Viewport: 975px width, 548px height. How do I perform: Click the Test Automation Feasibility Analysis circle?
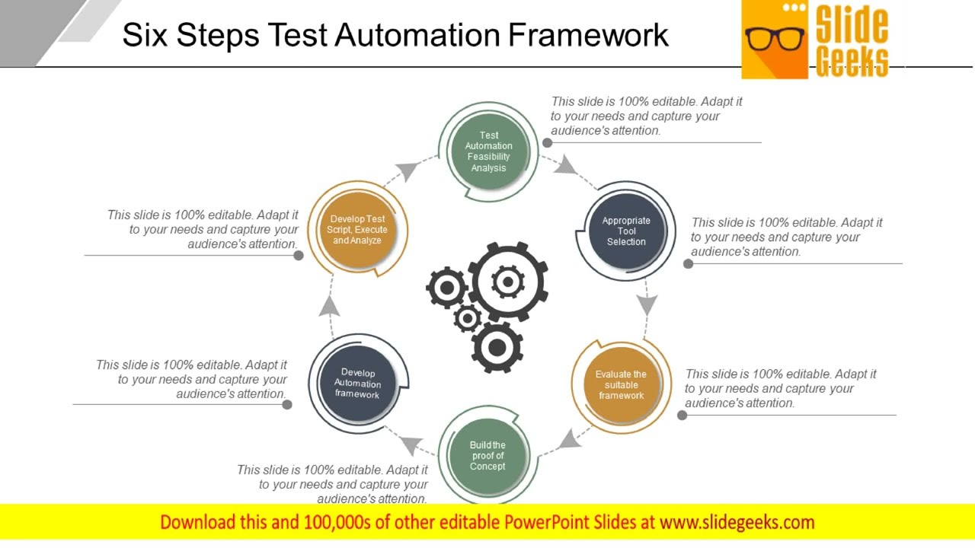[488, 151]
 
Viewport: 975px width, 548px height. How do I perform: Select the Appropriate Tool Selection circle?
[626, 231]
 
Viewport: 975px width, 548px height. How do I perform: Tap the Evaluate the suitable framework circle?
[621, 384]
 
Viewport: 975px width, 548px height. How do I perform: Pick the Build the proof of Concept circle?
[487, 456]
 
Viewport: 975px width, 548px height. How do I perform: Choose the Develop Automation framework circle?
[357, 384]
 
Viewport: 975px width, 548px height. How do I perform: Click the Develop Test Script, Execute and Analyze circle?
[357, 230]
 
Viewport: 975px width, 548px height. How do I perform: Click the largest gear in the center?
[507, 282]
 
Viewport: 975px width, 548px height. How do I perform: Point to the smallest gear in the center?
[467, 318]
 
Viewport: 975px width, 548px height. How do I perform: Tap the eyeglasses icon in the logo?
[775, 38]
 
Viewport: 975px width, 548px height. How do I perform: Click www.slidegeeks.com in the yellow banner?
[737, 522]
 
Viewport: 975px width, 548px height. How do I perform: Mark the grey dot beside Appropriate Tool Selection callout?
[688, 263]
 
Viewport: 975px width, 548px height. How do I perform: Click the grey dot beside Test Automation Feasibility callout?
[547, 142]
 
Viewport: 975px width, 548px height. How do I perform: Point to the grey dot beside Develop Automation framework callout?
[287, 404]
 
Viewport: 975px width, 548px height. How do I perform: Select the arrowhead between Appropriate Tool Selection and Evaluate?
[647, 304]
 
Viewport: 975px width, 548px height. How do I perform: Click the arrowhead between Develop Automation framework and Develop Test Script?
[329, 306]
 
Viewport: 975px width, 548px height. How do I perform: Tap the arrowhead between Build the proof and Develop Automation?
[412, 445]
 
